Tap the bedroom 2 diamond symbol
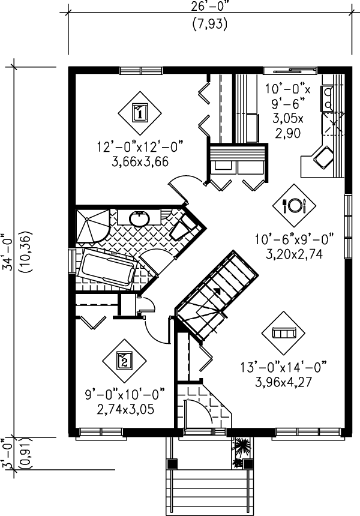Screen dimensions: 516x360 [124, 361]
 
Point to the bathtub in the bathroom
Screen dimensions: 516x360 [106, 268]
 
